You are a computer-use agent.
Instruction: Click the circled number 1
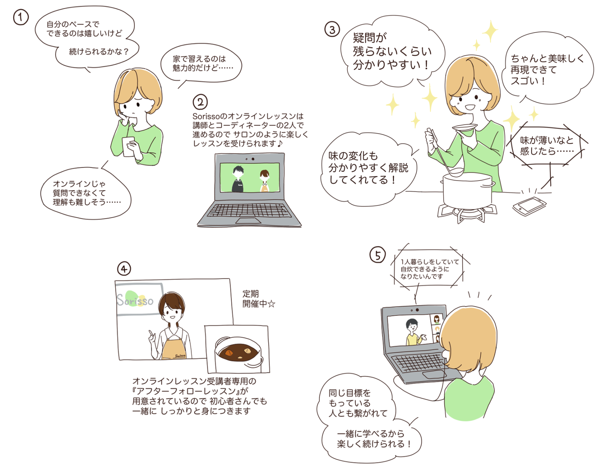(x=21, y=17)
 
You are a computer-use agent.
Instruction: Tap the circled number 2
(x=200, y=102)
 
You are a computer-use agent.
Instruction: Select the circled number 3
(x=332, y=30)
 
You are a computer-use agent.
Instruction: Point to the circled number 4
(x=124, y=269)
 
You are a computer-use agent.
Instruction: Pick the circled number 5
(x=377, y=255)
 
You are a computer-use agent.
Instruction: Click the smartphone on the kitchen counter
(x=529, y=206)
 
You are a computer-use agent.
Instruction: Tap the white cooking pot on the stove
(x=468, y=191)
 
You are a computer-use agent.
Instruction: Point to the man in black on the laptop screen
(x=238, y=179)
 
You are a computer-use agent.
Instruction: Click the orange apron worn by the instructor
(x=174, y=348)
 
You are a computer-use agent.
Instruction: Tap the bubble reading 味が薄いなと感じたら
(x=547, y=146)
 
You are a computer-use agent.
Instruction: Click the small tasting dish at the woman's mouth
(x=464, y=127)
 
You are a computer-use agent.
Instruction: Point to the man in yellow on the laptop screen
(x=413, y=332)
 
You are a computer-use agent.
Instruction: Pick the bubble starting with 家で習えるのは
(x=201, y=64)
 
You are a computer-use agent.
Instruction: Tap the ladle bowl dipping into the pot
(x=456, y=172)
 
